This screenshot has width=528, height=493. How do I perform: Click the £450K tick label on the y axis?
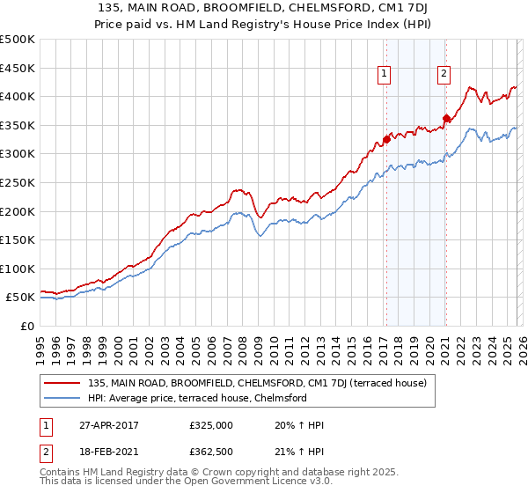pos(18,68)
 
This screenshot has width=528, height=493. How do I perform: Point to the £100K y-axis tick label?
pos(18,269)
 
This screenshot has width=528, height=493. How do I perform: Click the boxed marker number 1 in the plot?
pos(385,75)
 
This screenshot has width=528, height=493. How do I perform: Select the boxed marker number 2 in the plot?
pos(444,75)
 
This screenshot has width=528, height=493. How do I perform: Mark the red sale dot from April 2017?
pos(386,139)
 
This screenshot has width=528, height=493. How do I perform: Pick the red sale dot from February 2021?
pos(446,118)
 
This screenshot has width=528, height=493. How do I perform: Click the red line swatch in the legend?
pos(62,383)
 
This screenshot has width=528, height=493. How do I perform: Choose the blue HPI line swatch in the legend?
pos(62,398)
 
